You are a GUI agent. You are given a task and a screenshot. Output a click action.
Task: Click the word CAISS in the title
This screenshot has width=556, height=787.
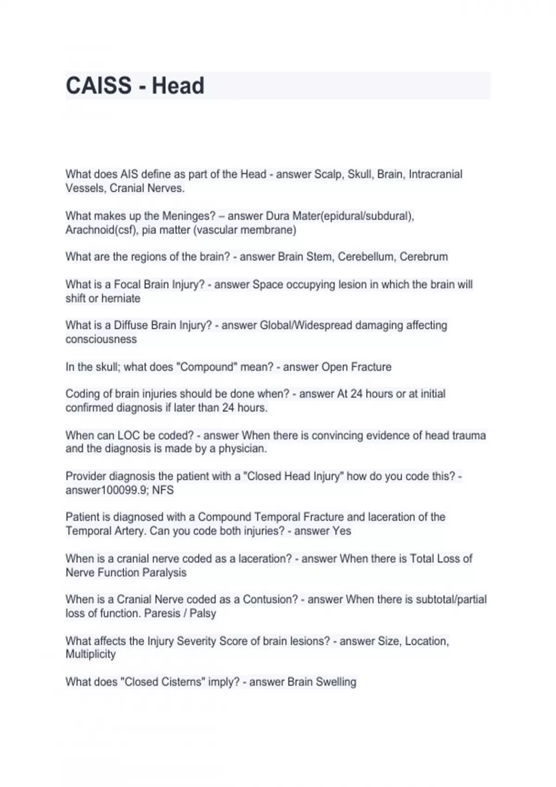(x=99, y=86)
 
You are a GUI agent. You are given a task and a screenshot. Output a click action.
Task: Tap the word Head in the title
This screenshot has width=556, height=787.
(x=178, y=86)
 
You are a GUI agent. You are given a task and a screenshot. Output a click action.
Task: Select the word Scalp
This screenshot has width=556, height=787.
(x=328, y=175)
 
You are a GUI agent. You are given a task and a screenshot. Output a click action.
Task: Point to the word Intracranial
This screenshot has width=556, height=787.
(x=436, y=175)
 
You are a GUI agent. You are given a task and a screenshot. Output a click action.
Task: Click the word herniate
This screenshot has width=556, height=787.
(x=121, y=299)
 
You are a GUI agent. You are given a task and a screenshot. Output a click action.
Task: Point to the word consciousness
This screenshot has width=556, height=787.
(x=101, y=339)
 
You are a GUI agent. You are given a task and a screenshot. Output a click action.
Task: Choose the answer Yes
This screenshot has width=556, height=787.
(x=342, y=531)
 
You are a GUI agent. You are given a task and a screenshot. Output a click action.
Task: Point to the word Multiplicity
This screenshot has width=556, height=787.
(x=91, y=655)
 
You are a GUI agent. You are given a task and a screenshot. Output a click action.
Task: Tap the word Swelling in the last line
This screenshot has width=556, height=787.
(x=335, y=682)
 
